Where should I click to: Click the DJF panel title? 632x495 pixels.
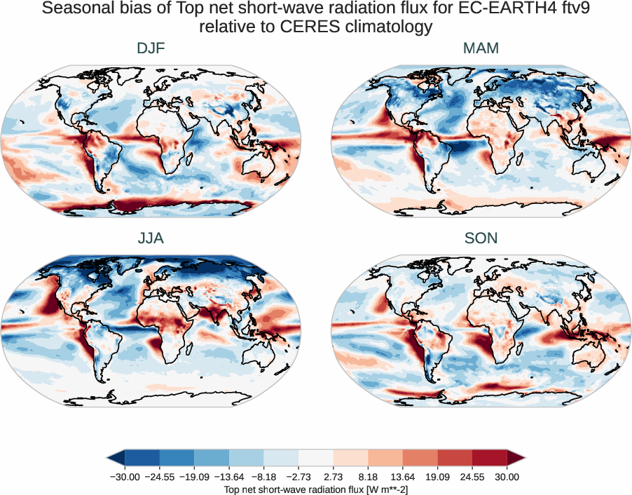point(151,48)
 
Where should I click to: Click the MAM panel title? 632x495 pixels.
point(481,48)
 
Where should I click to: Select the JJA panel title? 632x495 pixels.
point(151,238)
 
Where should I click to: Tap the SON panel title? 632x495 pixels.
point(481,238)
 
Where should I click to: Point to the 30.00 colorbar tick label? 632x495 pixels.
point(507,477)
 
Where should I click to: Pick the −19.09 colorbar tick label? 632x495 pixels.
point(195,477)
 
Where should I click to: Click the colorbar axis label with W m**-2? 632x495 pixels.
point(315,489)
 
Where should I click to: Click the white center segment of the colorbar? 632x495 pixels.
point(315,458)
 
